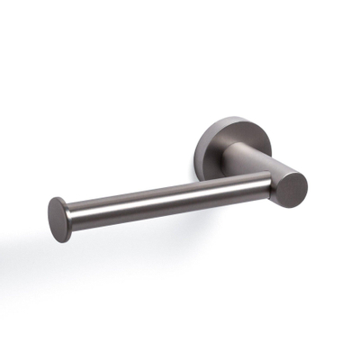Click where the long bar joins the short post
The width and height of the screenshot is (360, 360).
pyautogui.click(x=267, y=186)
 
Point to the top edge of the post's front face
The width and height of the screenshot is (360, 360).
pyautogui.click(x=293, y=168)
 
